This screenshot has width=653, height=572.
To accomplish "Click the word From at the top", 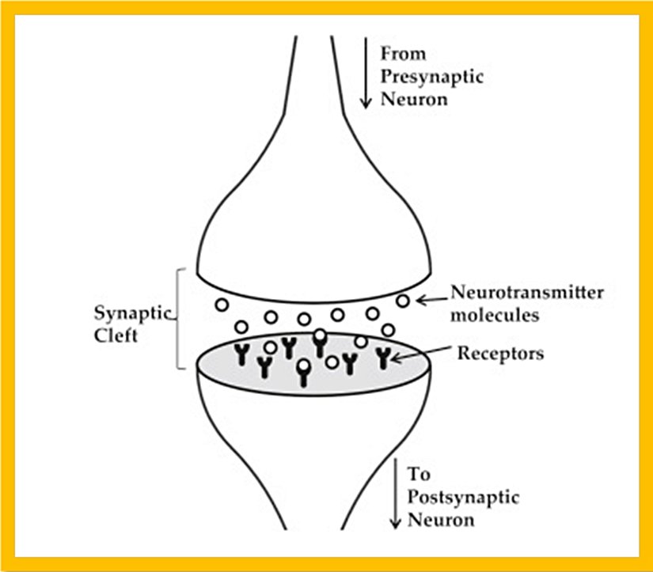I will pyautogui.click(x=403, y=54).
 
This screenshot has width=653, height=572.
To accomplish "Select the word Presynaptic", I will pyautogui.click(x=431, y=77).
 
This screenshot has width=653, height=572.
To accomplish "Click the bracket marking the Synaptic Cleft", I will pyautogui.click(x=179, y=318).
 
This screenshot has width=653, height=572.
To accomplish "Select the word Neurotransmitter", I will pyautogui.click(x=526, y=292).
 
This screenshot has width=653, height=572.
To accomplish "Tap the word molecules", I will pyautogui.click(x=495, y=314).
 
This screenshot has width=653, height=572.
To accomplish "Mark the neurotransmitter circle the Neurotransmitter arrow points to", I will pyautogui.click(x=404, y=301).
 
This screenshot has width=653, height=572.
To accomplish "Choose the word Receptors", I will pyautogui.click(x=500, y=353).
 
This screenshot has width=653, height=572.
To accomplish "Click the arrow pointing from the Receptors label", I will pyautogui.click(x=423, y=355).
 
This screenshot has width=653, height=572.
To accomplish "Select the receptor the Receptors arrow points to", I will pyautogui.click(x=385, y=358).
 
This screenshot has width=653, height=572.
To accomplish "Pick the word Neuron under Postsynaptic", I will pyautogui.click(x=442, y=520).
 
